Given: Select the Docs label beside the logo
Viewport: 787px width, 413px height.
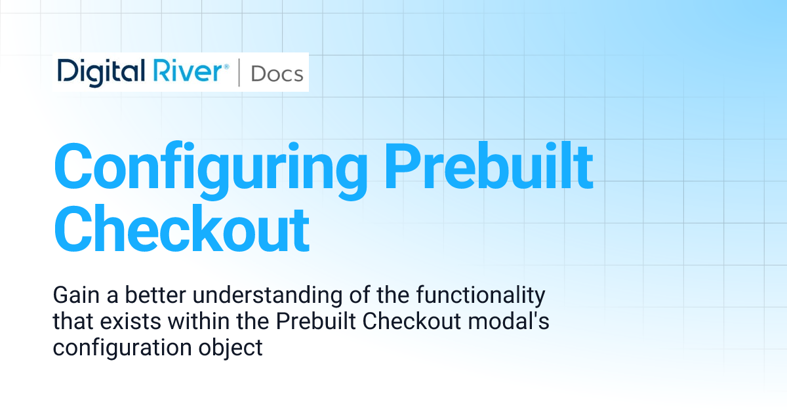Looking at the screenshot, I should pyautogui.click(x=277, y=73).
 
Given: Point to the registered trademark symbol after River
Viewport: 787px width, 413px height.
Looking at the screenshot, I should pyautogui.click(x=226, y=66).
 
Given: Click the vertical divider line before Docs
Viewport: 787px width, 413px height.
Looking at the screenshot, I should pyautogui.click(x=239, y=73).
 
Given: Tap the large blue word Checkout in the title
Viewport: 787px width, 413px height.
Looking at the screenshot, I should pyautogui.click(x=181, y=229).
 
